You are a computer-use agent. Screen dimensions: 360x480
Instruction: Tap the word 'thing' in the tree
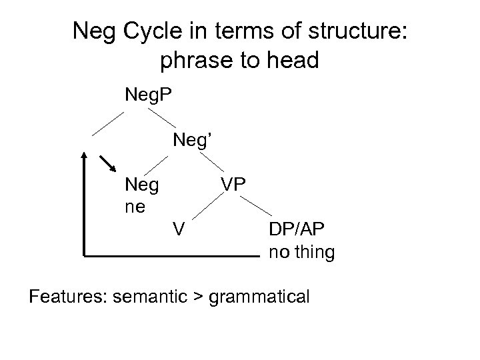313,253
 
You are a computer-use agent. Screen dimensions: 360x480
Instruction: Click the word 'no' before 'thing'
278,253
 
